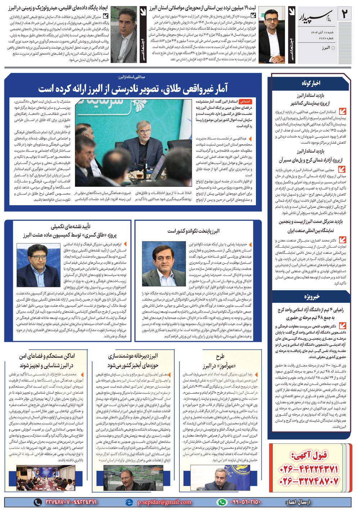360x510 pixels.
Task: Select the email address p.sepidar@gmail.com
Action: pos(164,502)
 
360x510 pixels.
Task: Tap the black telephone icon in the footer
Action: pos(37,502)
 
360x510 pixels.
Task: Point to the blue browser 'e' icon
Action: pos(129,502)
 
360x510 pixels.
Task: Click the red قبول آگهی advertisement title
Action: pos(309,455)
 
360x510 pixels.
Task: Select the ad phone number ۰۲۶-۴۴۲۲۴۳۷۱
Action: pos(309,469)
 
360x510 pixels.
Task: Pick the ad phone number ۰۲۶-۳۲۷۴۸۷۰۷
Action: pos(309,481)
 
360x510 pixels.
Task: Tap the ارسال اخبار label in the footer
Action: pos(297,502)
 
